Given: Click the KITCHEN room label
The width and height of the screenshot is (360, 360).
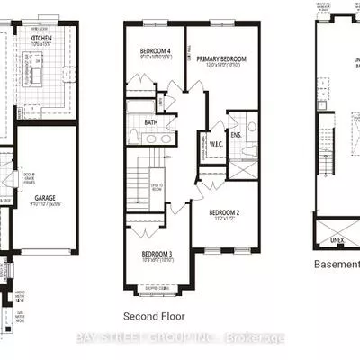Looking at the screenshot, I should click(41, 40).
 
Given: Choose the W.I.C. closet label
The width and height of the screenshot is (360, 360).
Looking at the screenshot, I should click(216, 143).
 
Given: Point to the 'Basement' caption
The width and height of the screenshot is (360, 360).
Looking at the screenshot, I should click(335, 264).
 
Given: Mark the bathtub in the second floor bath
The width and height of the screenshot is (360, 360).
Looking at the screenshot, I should click(144, 105).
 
